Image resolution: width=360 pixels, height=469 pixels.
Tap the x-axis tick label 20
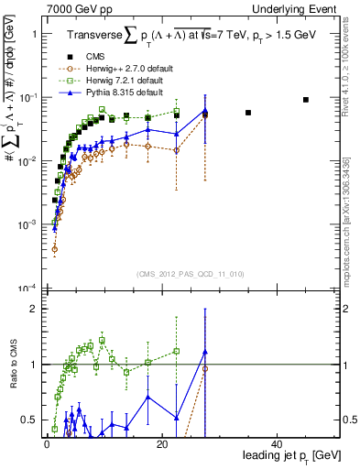tap(161, 444)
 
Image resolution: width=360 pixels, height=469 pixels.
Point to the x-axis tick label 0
tap(46, 444)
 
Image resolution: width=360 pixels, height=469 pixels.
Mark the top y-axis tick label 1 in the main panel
tap(34, 34)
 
